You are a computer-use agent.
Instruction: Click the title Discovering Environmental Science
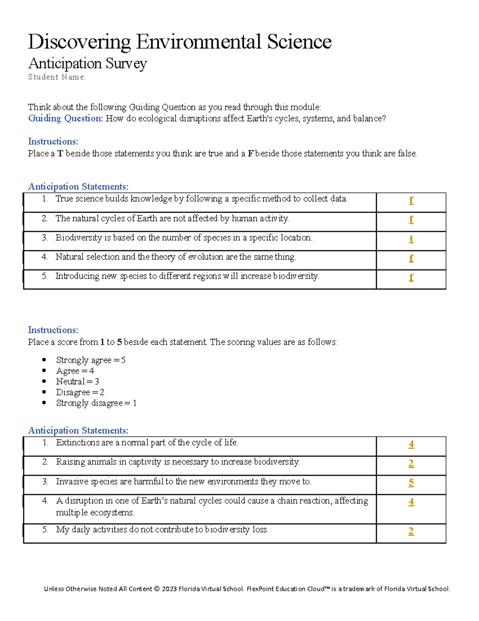(x=180, y=42)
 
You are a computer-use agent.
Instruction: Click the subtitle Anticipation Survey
(x=87, y=64)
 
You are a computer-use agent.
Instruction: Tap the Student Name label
(x=57, y=77)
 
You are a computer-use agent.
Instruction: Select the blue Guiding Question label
(x=65, y=118)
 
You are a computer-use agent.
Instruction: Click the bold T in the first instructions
(x=60, y=154)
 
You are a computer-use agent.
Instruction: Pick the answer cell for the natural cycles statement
(x=411, y=220)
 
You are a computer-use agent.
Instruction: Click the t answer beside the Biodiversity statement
(x=411, y=239)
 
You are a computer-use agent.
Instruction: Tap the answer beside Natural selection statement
(x=411, y=258)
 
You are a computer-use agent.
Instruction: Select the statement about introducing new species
(x=187, y=276)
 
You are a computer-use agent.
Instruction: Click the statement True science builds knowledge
(x=201, y=199)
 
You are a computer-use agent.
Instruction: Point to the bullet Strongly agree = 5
(x=91, y=360)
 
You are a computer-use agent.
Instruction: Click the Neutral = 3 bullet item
(x=77, y=381)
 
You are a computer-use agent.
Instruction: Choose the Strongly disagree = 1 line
(x=96, y=403)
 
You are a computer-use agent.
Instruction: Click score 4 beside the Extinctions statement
(x=411, y=444)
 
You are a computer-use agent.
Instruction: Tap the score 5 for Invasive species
(x=411, y=483)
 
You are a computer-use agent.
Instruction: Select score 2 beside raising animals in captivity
(x=411, y=463)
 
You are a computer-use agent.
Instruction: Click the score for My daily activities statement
(x=411, y=531)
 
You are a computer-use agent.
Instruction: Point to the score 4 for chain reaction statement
(x=411, y=502)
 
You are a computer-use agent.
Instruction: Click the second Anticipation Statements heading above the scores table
(x=78, y=431)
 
